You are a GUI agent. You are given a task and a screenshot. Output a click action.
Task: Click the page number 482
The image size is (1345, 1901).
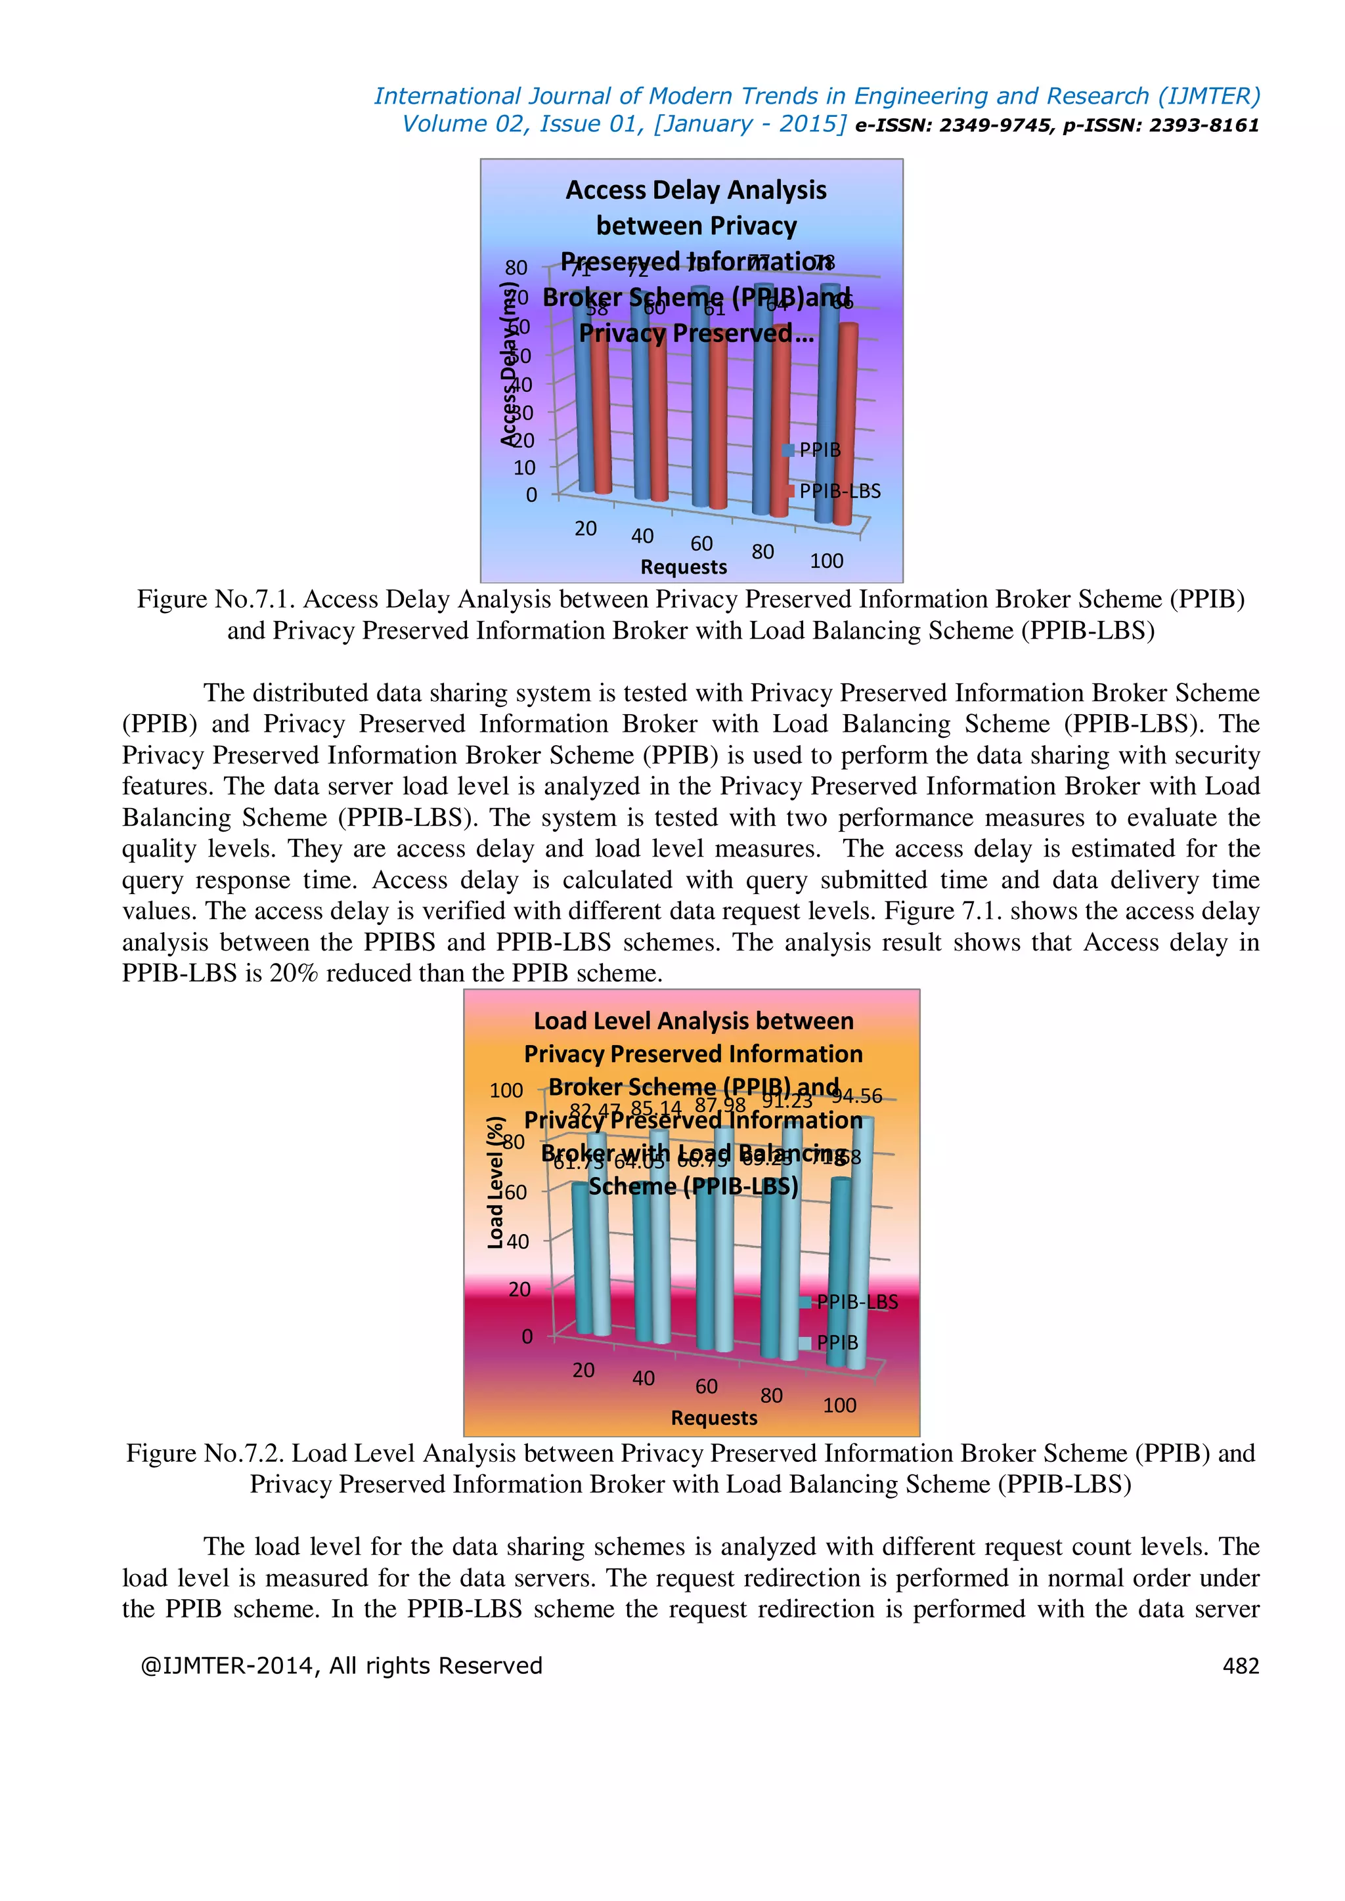[1240, 1666]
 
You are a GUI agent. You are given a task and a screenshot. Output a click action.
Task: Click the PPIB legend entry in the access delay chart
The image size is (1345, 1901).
[818, 450]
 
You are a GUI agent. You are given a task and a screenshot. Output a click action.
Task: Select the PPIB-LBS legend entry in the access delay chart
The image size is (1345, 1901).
[838, 491]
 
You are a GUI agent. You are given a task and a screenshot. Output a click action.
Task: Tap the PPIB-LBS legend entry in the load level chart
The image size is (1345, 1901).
[856, 1302]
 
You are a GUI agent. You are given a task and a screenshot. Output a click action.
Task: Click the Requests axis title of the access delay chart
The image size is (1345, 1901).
[683, 567]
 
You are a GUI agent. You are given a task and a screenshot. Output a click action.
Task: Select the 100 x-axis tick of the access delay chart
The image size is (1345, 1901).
[826, 561]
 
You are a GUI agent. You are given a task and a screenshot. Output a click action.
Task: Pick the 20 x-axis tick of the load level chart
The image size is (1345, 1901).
[583, 1370]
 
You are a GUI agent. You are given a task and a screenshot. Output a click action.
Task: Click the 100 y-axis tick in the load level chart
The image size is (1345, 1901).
[506, 1090]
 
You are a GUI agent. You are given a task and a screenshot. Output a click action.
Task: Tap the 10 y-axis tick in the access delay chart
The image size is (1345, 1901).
[524, 468]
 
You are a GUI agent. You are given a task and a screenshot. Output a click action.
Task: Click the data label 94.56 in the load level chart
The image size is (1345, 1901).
[857, 1096]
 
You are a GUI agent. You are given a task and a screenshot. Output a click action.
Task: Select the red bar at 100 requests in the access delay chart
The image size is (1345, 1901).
[845, 422]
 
